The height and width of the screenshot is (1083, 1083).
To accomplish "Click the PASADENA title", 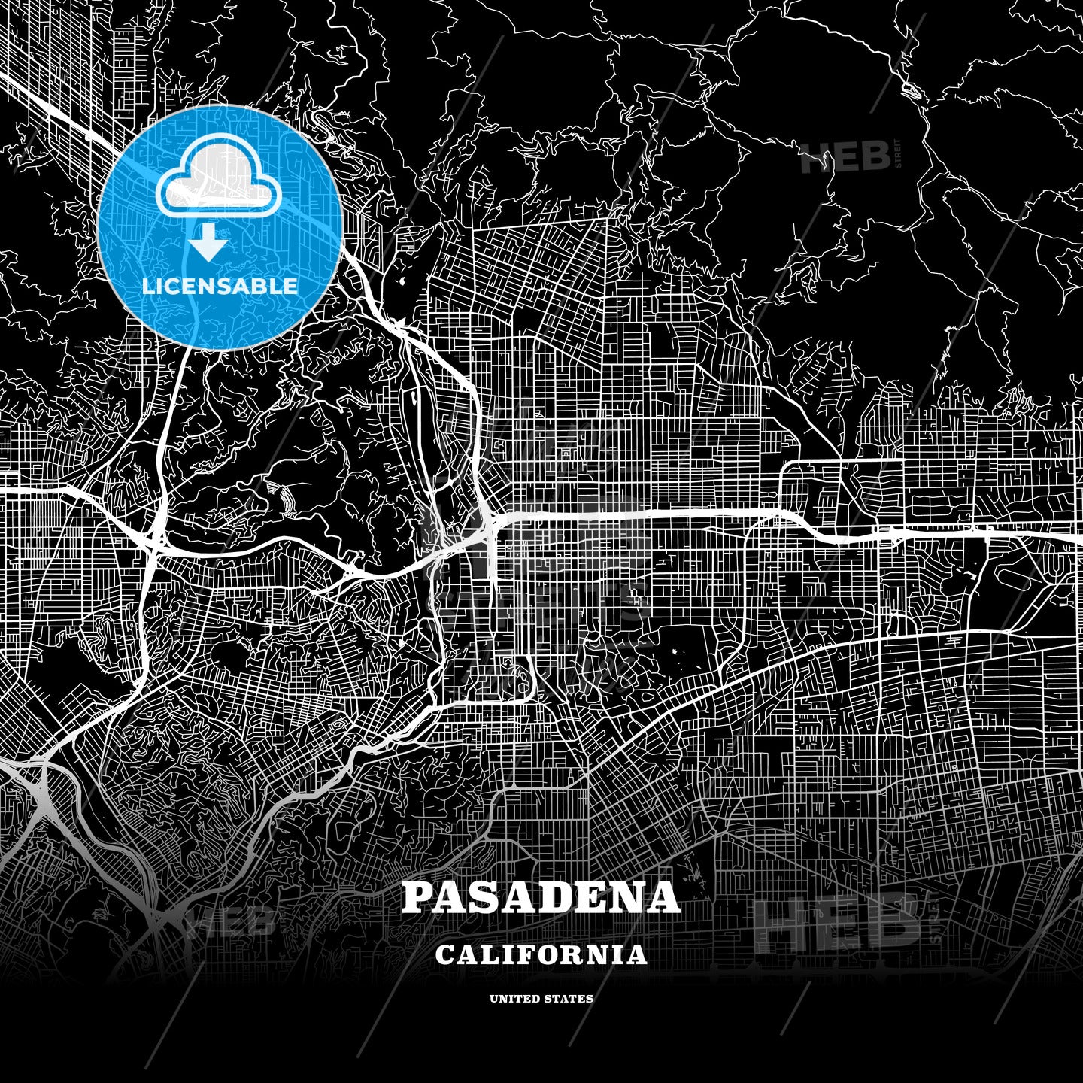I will tap(541, 897).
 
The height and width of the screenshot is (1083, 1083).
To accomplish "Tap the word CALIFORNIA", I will tap(541, 954).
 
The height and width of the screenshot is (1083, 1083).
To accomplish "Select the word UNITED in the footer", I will tap(514, 999).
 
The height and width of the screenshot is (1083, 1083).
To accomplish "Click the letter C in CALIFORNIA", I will tap(444, 955).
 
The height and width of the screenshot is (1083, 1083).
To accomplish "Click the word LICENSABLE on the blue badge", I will tap(220, 287).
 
